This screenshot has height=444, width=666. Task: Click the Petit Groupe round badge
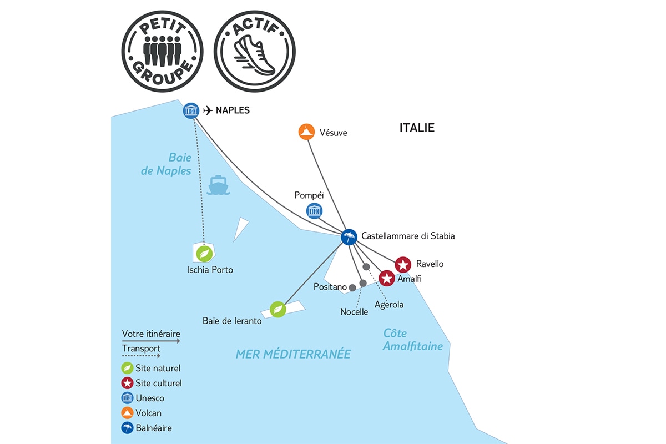point(162,51)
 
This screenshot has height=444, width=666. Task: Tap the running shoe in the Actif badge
point(255,56)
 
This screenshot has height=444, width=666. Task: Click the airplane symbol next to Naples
point(208,110)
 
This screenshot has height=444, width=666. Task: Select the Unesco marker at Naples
point(191,110)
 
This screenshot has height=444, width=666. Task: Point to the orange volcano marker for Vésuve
point(306,132)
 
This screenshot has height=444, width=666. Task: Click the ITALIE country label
point(417,128)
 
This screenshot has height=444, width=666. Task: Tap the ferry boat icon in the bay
point(218,185)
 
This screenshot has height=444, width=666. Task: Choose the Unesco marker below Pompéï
point(314,211)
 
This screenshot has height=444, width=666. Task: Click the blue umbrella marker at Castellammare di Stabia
point(349,237)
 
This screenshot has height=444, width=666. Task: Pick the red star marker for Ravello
point(403,264)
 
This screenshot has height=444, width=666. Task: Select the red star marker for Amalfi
point(387,279)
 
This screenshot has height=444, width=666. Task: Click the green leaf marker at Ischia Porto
point(204,254)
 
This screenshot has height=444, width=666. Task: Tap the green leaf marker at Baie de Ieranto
point(278,310)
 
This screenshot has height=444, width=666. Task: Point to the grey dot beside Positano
point(352,287)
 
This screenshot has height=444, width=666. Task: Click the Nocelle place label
point(354,312)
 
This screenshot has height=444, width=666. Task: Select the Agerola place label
point(389,305)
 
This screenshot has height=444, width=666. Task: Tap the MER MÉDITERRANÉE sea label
point(293,354)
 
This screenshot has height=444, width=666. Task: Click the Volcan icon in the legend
point(127,413)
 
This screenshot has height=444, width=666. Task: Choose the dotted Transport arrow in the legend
point(141,356)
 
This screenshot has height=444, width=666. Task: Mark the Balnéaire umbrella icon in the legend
point(127,428)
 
